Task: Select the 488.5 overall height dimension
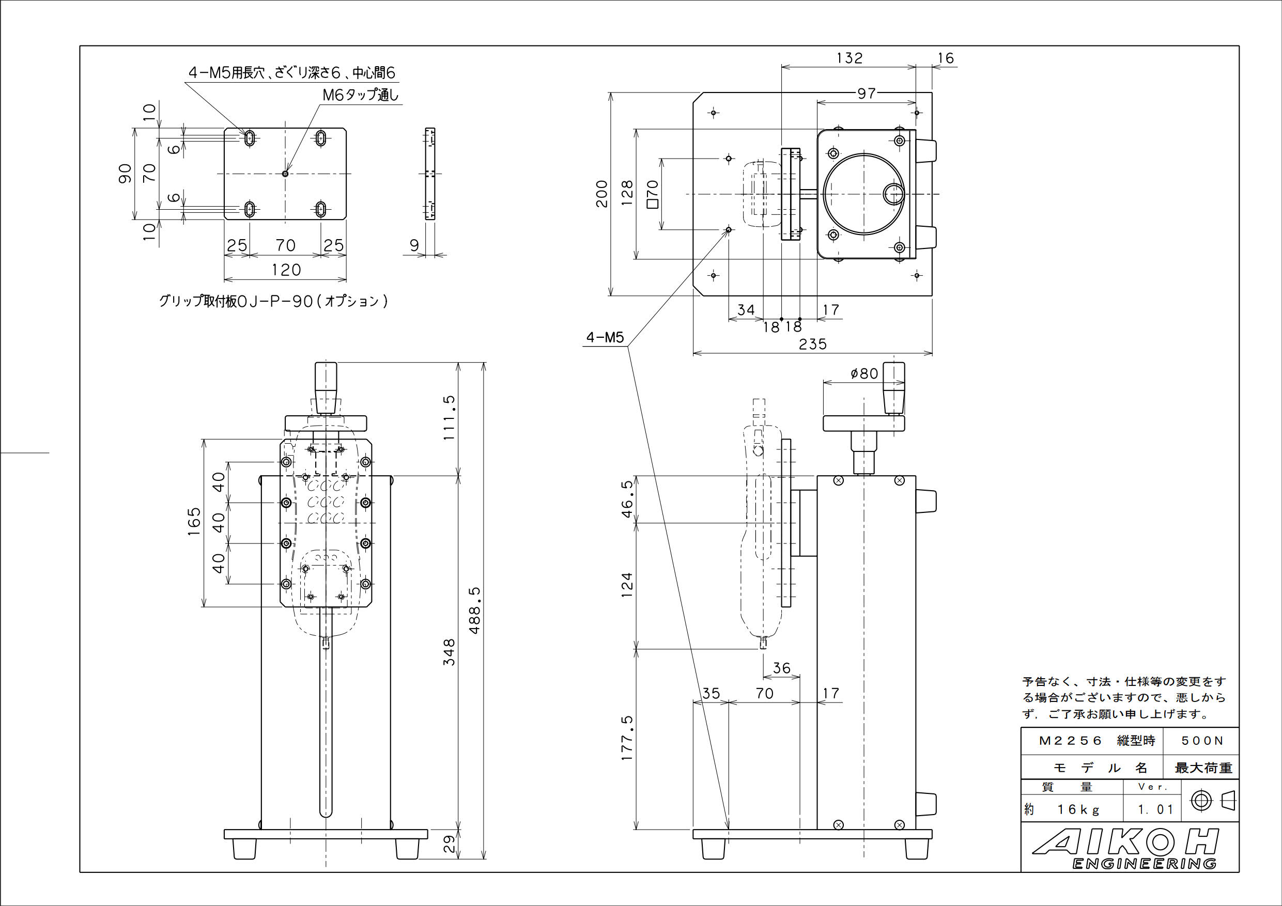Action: point(475,610)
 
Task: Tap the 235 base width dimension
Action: point(812,345)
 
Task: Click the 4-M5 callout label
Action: point(604,338)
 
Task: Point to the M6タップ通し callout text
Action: point(361,95)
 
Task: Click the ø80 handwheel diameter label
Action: point(864,373)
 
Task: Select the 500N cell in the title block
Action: point(1201,741)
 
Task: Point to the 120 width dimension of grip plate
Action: point(286,270)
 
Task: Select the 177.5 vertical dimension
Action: point(628,738)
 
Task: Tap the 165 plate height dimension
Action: point(194,522)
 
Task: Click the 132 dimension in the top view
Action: point(849,58)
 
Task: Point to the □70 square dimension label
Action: point(652,194)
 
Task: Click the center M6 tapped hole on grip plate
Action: point(285,174)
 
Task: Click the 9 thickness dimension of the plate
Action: point(414,246)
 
